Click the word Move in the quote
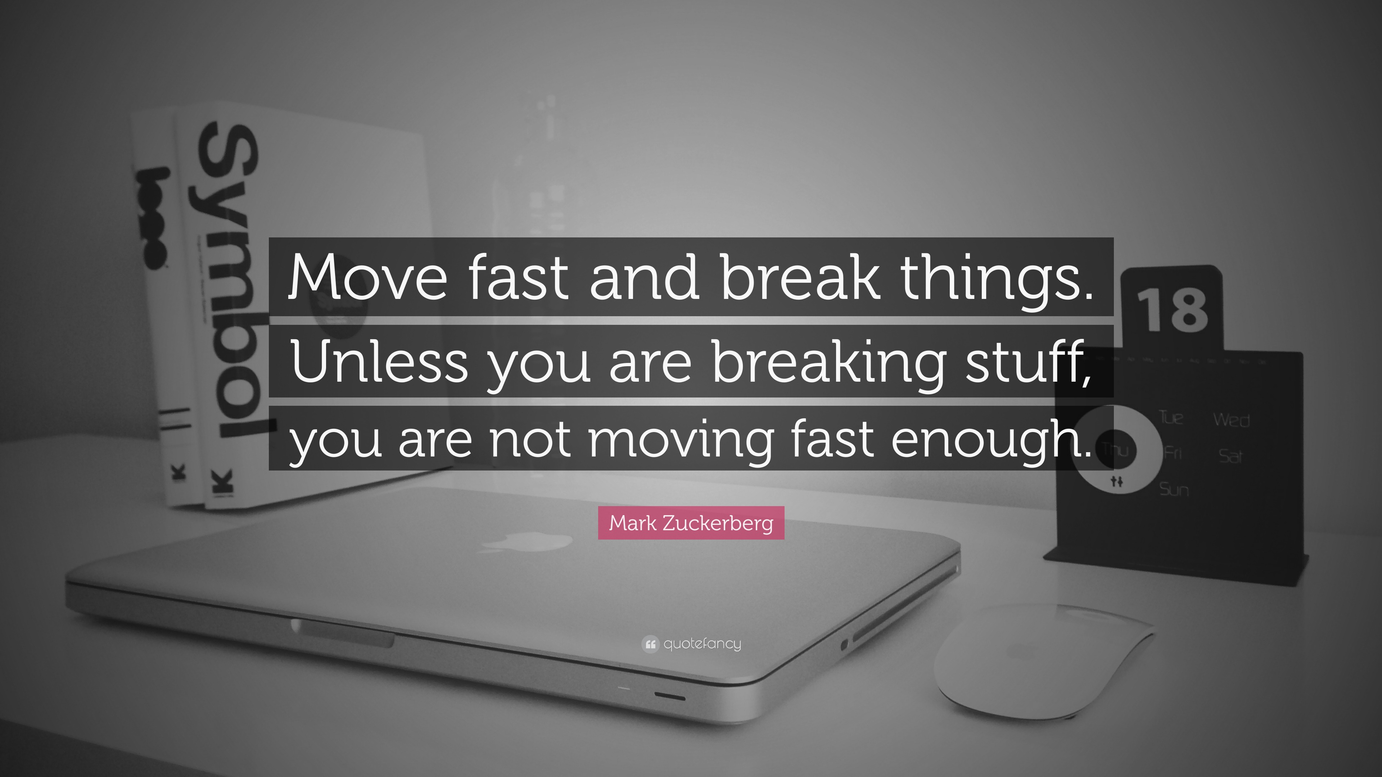point(367,278)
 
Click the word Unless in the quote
point(380,360)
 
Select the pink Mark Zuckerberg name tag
point(691,523)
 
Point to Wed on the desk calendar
point(1231,419)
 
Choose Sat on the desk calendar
point(1230,456)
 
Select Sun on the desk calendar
point(1174,489)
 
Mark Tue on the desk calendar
point(1171,417)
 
